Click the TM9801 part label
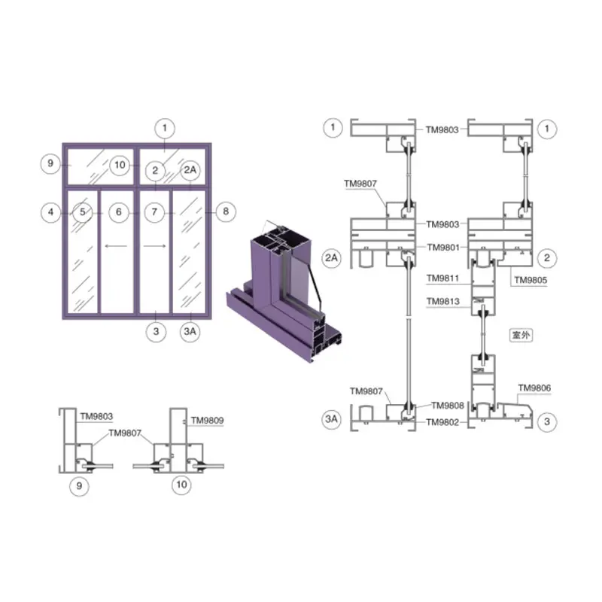click(443, 248)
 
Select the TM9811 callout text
click(442, 278)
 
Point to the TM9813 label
click(443, 302)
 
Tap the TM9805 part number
click(531, 280)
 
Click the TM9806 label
click(534, 388)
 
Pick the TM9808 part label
click(448, 406)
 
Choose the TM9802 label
click(442, 422)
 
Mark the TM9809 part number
click(208, 421)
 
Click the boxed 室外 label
click(521, 335)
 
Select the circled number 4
click(50, 212)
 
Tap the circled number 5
click(83, 212)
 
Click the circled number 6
click(119, 212)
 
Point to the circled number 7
click(154, 212)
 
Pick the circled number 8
click(226, 211)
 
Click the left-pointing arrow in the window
click(116, 246)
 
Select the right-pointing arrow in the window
click(155, 246)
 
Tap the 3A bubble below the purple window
click(190, 332)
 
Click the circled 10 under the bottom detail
click(181, 485)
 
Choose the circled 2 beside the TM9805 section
click(547, 258)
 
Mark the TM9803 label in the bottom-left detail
click(96, 417)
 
